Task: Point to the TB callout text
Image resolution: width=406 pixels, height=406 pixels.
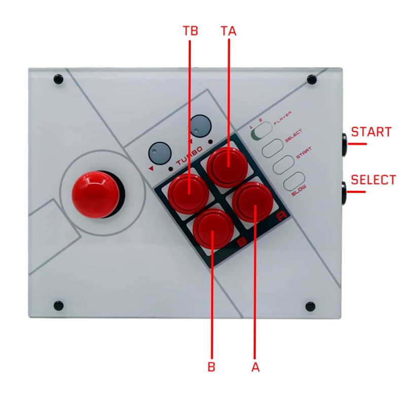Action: (190, 31)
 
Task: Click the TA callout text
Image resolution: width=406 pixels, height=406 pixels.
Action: (229, 31)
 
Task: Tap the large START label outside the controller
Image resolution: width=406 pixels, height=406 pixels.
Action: (371, 132)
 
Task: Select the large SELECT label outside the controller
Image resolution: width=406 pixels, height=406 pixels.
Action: (373, 180)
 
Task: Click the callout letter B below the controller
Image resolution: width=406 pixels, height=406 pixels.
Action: (212, 367)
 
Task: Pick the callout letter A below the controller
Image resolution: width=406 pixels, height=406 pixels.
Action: (256, 367)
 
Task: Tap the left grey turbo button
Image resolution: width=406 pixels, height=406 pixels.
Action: (158, 152)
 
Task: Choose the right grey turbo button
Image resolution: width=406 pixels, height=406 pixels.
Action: (200, 125)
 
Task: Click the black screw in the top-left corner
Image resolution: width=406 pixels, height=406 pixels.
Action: (58, 80)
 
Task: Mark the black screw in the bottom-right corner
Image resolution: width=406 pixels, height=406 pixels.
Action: (310, 307)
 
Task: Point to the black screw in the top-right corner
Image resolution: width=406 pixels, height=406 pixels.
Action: (312, 80)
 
